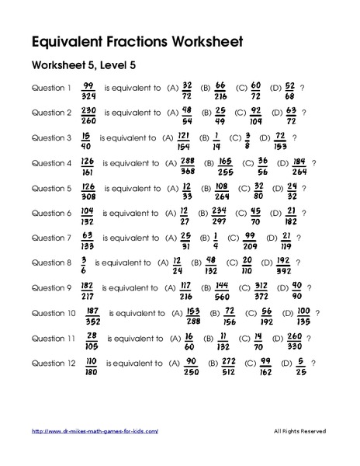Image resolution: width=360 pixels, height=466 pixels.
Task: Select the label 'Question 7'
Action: coord(51,238)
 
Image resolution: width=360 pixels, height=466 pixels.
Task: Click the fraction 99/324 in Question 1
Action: coord(87,89)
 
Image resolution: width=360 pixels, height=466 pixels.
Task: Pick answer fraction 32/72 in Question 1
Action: coord(187,89)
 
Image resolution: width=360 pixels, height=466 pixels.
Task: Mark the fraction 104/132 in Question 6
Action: coord(87,214)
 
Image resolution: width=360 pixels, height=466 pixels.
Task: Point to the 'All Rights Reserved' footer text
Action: coord(300,431)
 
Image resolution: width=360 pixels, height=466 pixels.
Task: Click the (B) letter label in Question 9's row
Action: coord(205,289)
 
